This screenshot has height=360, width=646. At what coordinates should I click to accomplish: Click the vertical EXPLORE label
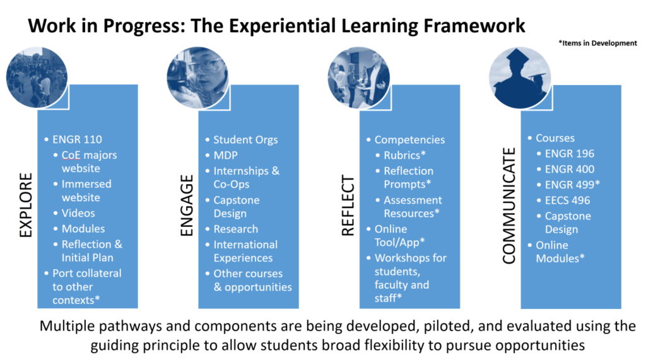tap(25, 205)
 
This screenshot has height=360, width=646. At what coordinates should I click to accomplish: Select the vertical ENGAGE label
tap(187, 205)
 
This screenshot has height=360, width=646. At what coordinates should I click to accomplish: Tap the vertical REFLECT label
tap(348, 205)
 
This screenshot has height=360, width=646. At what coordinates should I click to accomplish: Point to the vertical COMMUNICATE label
tap(509, 206)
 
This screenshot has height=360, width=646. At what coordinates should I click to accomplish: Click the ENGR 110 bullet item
tap(77, 139)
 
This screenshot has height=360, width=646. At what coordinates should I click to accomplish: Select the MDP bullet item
tap(225, 155)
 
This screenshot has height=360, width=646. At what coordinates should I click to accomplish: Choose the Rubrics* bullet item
tap(404, 155)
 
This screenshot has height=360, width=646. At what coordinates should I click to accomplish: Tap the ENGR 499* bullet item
tap(572, 185)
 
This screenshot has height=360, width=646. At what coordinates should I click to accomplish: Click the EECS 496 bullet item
tap(567, 200)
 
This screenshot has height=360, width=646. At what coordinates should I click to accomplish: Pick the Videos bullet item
tap(78, 213)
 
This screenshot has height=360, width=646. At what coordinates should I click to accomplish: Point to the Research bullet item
tap(236, 229)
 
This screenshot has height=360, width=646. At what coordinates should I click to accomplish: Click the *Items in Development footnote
tap(598, 43)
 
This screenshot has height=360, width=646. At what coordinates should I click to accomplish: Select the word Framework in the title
tap(474, 26)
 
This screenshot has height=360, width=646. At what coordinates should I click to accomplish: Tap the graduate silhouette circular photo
tap(520, 78)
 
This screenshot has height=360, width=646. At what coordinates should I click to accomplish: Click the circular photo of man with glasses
tap(197, 78)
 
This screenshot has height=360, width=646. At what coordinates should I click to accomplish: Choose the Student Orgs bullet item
tap(245, 140)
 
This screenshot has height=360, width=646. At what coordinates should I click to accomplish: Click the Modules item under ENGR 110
tap(83, 229)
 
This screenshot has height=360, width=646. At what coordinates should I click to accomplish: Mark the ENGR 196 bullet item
tap(570, 154)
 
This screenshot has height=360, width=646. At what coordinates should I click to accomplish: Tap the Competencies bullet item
tap(409, 140)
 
